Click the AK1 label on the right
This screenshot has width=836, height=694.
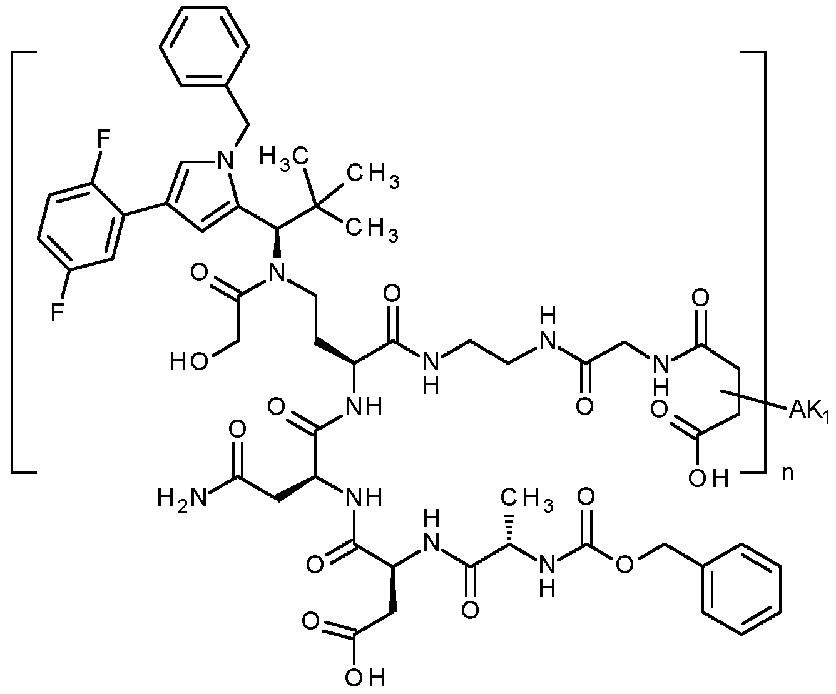pos(810,410)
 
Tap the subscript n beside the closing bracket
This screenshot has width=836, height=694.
pos(790,473)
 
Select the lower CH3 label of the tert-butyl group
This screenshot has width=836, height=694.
pos(373,230)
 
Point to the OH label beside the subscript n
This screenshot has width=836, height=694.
pos(708,478)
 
